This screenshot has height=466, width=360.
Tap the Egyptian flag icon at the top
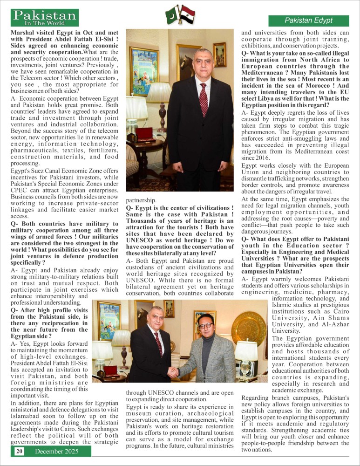point(187,14)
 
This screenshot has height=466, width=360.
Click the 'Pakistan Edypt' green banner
point(308,21)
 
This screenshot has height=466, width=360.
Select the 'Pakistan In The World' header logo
point(45,18)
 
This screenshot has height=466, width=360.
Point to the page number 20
point(19,451)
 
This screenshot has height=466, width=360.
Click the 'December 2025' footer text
point(57,451)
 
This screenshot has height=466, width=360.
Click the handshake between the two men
point(173,371)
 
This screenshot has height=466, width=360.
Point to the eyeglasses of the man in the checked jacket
point(205,325)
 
